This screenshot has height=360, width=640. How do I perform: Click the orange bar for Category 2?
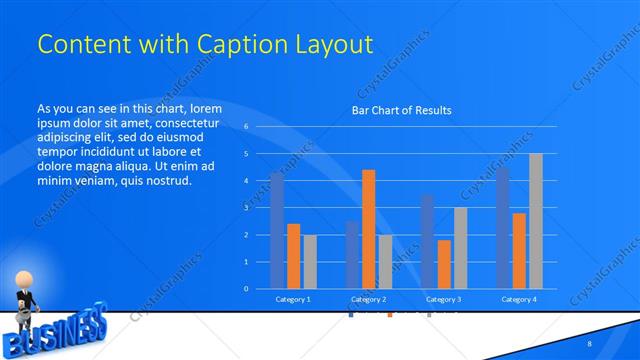click(368, 229)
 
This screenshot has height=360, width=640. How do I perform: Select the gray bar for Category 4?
click(536, 221)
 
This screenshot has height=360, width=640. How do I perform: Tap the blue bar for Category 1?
click(277, 230)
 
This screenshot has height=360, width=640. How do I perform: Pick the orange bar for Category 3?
click(444, 264)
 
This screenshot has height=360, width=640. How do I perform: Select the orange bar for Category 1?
click(293, 256)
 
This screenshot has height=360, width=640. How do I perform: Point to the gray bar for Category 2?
click(385, 261)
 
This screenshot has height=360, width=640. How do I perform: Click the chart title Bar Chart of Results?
click(401, 110)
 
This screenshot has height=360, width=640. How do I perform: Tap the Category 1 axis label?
click(293, 299)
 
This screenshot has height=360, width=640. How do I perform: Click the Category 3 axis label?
click(443, 299)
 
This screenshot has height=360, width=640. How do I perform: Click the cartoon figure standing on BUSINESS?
click(24, 296)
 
